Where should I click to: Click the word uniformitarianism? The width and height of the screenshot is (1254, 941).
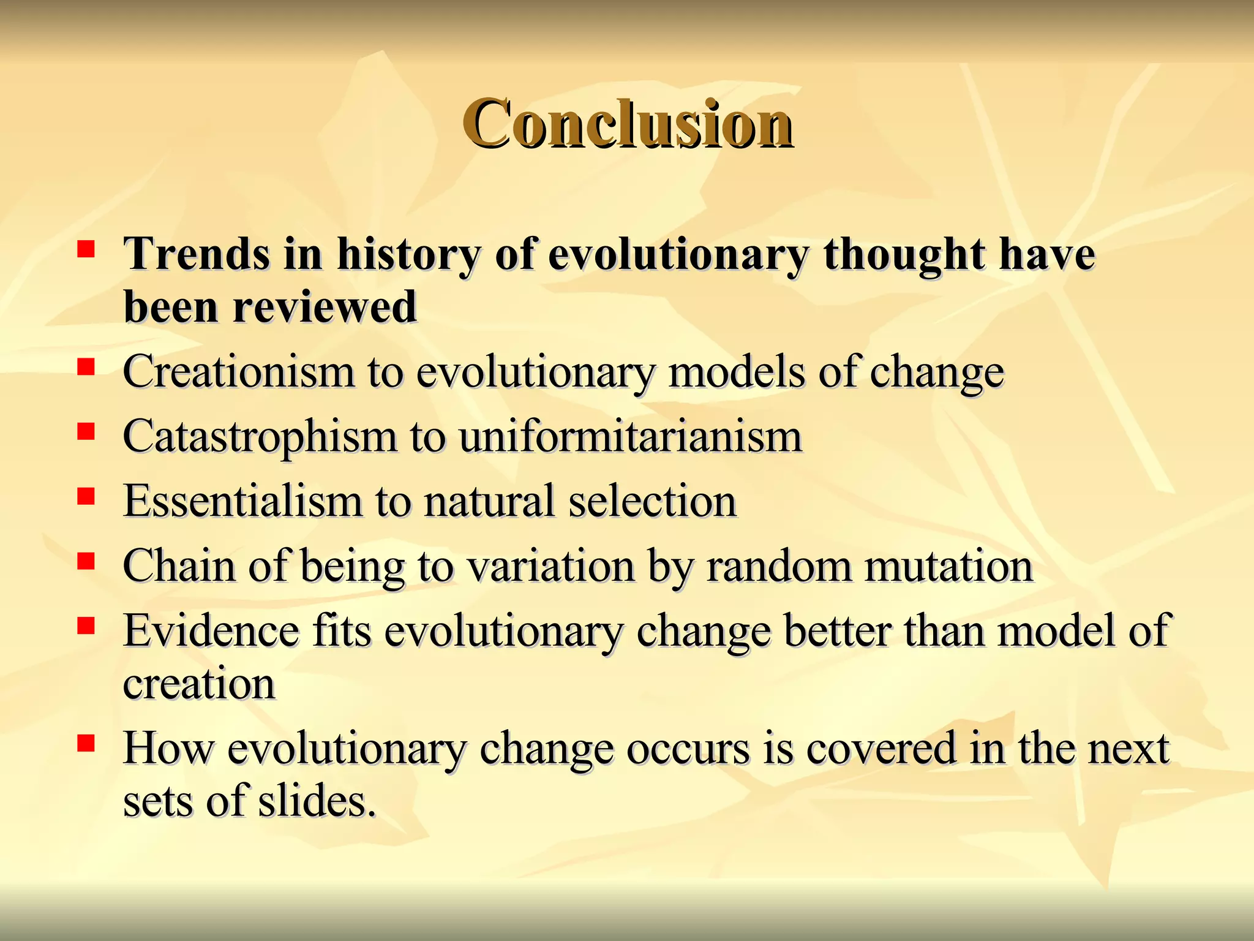[631, 437]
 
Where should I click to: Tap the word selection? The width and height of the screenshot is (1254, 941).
[652, 501]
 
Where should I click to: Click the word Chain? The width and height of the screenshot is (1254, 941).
[179, 566]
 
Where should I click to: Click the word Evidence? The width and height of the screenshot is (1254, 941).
[211, 631]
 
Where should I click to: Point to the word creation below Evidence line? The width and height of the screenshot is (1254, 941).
[199, 684]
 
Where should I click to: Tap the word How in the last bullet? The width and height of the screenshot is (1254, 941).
[169, 749]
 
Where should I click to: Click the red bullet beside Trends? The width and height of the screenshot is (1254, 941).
[86, 249]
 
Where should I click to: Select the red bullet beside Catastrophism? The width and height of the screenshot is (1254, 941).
[86, 432]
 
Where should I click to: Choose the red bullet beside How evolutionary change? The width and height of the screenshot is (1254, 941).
[86, 743]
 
